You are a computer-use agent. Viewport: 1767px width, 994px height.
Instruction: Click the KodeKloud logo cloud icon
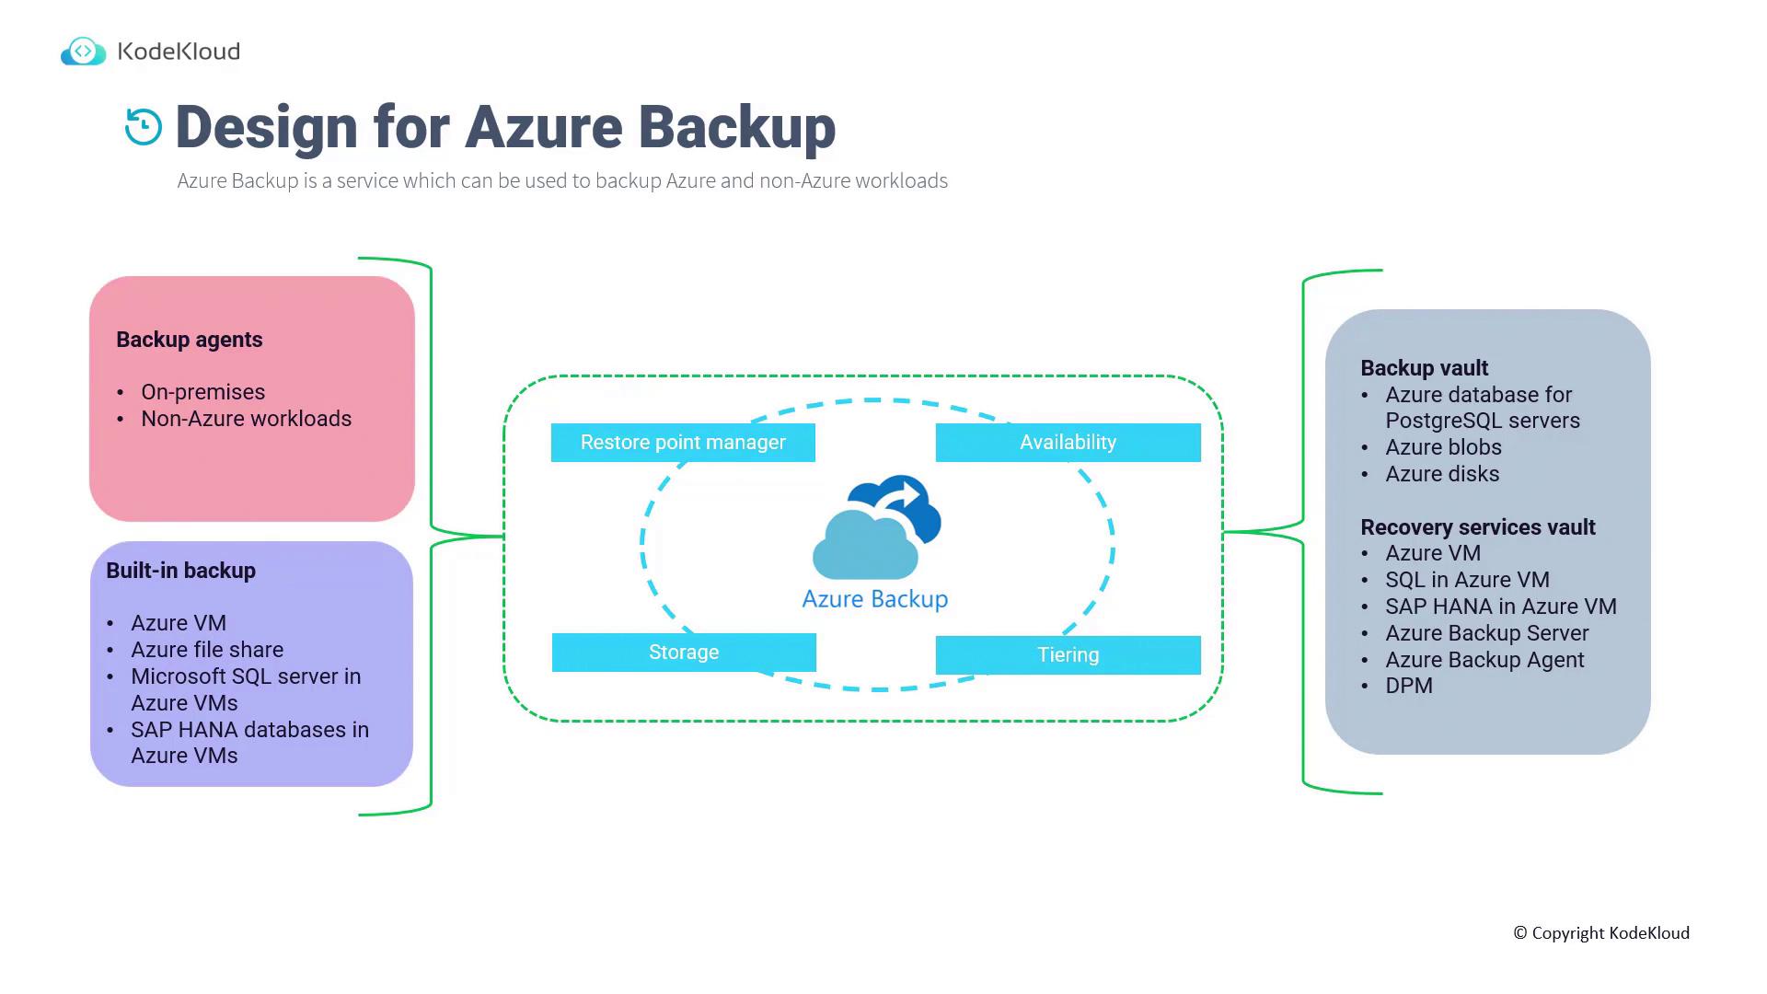coord(83,52)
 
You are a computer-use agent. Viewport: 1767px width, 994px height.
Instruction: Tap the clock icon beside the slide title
coord(144,127)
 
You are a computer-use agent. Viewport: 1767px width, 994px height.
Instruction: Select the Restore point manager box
coord(683,443)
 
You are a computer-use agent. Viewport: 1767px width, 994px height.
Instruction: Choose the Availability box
coord(1068,443)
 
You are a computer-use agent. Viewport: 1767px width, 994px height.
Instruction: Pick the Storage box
coord(684,653)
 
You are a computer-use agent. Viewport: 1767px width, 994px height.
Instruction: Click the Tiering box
coord(1068,655)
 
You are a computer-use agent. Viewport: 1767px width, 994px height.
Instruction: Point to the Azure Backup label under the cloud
coord(875,599)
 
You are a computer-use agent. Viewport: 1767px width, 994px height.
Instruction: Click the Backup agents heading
coord(190,340)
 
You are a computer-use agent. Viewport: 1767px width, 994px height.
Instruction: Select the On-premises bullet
coord(202,392)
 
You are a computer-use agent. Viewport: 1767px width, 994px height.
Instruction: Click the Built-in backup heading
coord(180,571)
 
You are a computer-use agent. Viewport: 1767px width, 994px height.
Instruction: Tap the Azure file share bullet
coord(207,650)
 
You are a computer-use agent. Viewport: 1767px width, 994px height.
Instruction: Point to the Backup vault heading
coord(1424,368)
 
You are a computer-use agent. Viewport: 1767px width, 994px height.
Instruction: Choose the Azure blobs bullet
coord(1443,447)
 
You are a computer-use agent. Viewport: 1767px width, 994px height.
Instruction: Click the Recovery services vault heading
coord(1477,527)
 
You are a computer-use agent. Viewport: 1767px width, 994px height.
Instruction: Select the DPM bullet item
coord(1409,686)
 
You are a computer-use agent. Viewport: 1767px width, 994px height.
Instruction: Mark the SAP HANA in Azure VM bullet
coord(1500,607)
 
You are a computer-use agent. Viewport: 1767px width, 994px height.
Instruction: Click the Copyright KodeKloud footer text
coord(1601,933)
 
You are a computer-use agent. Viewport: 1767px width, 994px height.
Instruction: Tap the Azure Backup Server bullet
coord(1486,633)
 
